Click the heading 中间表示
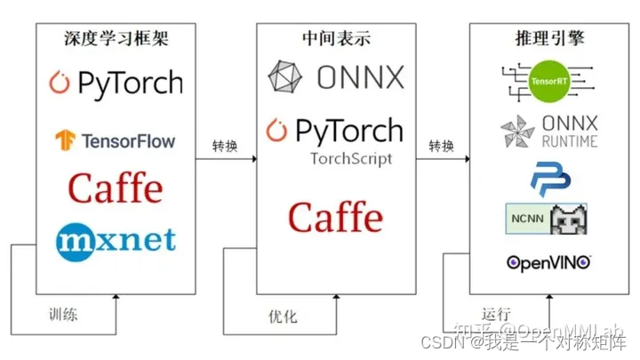(336, 40)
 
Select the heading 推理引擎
(549, 40)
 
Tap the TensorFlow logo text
(128, 140)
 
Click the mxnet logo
(116, 238)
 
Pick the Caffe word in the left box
(116, 188)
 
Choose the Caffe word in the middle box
(336, 217)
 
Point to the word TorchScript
(350, 159)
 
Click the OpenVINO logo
(548, 262)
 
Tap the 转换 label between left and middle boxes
(224, 145)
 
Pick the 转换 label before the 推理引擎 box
(442, 145)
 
